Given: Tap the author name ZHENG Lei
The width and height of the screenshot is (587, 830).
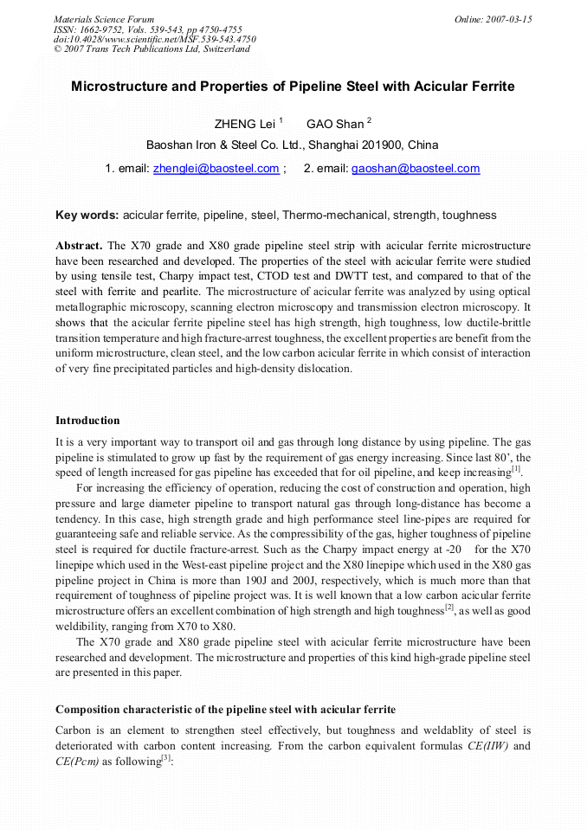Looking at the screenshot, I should pos(244,124).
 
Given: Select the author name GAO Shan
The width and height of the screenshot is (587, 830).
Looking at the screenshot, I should pos(335,124).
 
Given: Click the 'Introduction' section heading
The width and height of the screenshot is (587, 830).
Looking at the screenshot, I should pos(87,421).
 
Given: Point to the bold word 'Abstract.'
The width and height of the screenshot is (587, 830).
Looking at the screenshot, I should pos(80,245).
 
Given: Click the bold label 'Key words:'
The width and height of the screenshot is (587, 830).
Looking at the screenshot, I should pos(87,215).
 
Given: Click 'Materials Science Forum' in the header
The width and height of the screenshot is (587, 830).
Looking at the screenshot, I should pos(104,19).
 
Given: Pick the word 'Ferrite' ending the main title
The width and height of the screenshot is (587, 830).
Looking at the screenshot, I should pos(490,87).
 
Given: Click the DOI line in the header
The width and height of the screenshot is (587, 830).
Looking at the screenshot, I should pos(155,39).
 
